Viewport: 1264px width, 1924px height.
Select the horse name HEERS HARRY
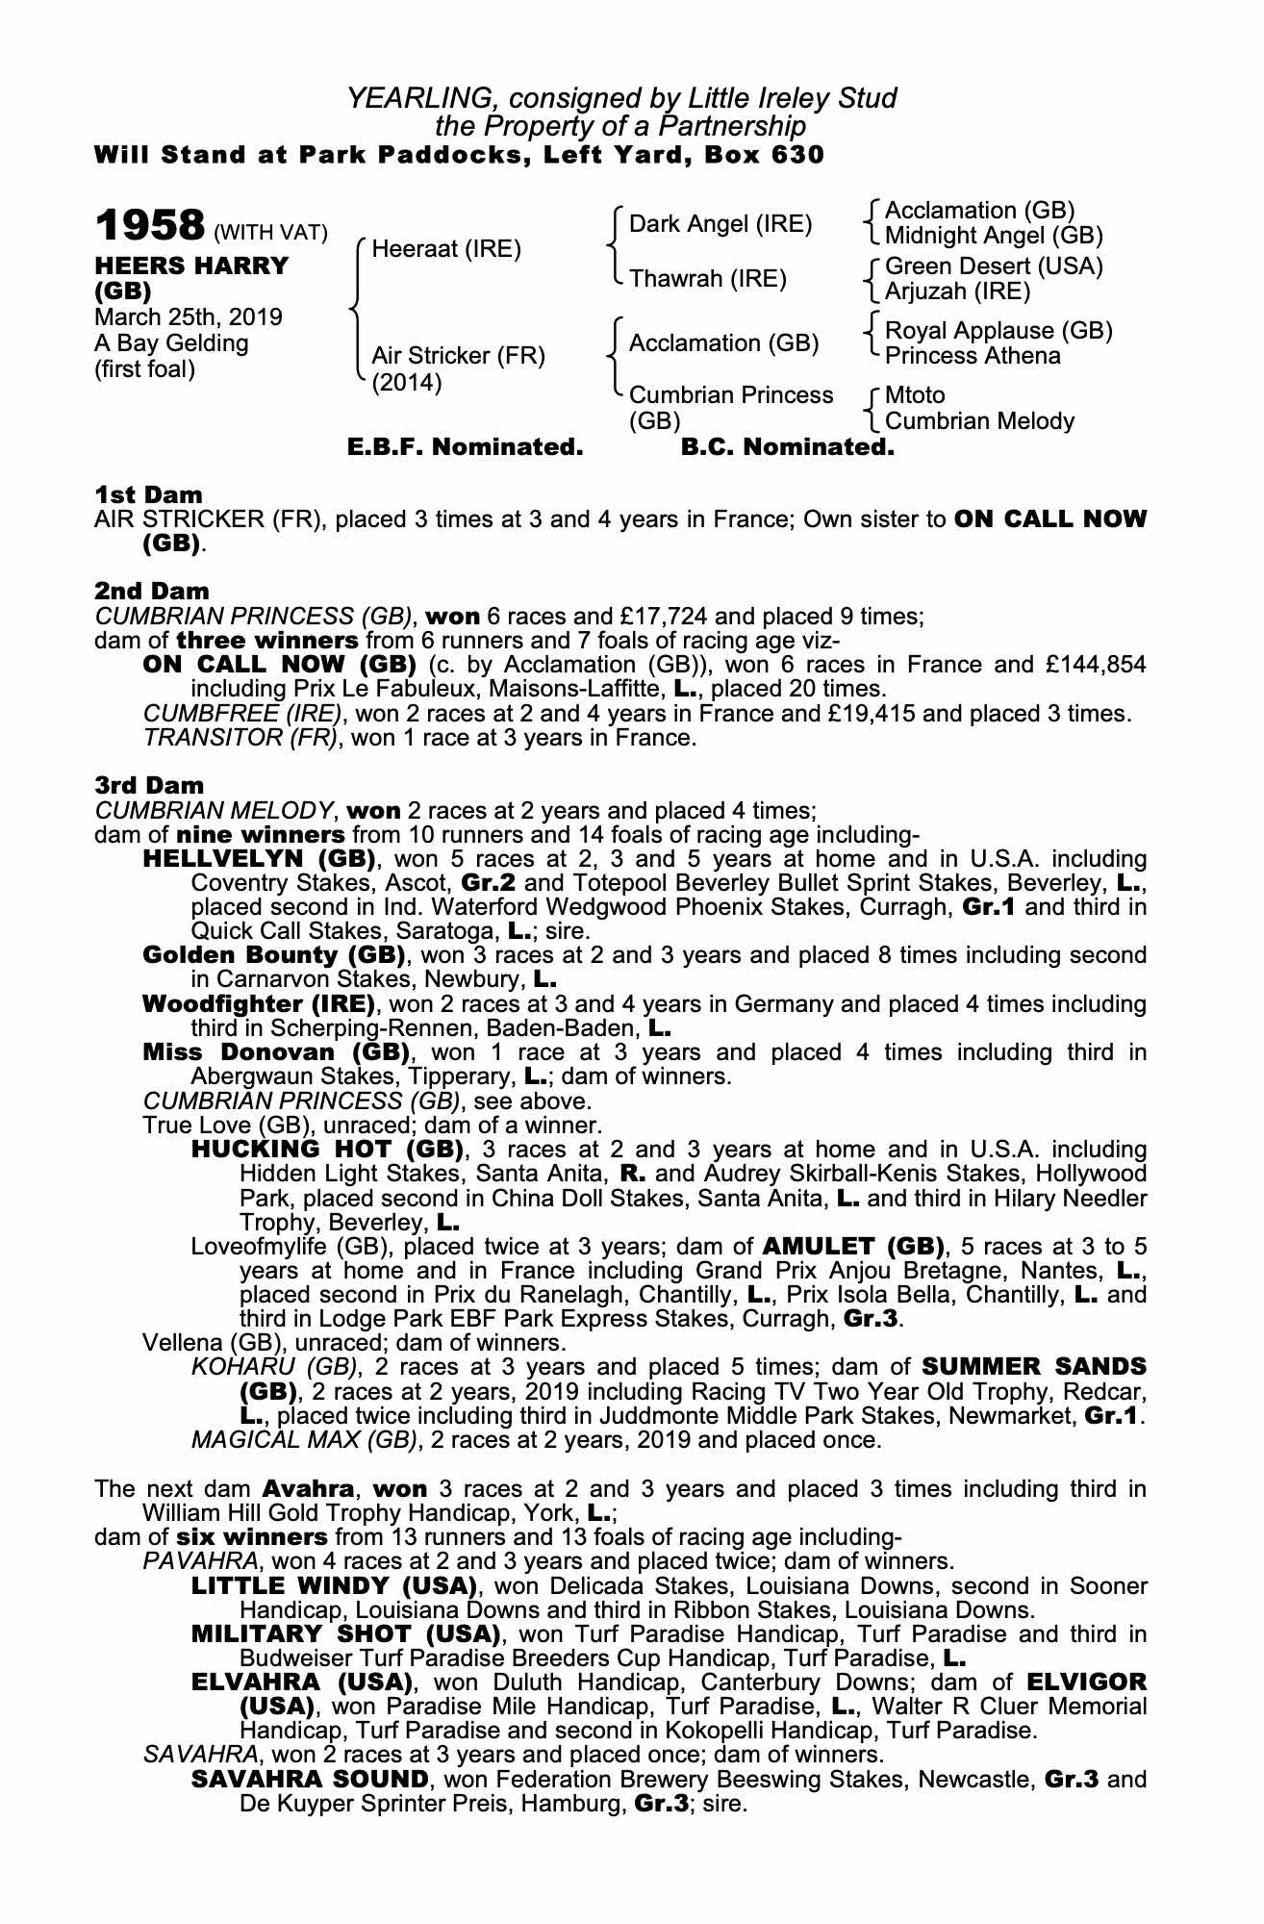pyautogui.click(x=191, y=266)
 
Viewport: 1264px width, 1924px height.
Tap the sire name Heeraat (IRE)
pyautogui.click(x=446, y=249)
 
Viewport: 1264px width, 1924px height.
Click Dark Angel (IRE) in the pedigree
pyautogui.click(x=720, y=224)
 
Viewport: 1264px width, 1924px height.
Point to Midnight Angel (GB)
pyautogui.click(x=994, y=236)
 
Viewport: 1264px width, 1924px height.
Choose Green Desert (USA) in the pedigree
pyautogui.click(x=994, y=266)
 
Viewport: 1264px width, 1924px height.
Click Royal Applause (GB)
pyautogui.click(x=999, y=330)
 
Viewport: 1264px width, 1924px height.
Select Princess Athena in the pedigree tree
pyautogui.click(x=973, y=356)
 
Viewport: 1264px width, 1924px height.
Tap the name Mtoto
pyautogui.click(x=915, y=395)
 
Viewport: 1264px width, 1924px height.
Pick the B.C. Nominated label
pyautogui.click(x=787, y=447)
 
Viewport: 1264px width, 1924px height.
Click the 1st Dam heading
pyautogui.click(x=148, y=494)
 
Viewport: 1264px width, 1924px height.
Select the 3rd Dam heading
pyautogui.click(x=149, y=785)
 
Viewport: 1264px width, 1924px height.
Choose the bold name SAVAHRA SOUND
pyautogui.click(x=310, y=1779)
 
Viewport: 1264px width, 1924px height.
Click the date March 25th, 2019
pyautogui.click(x=189, y=317)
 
